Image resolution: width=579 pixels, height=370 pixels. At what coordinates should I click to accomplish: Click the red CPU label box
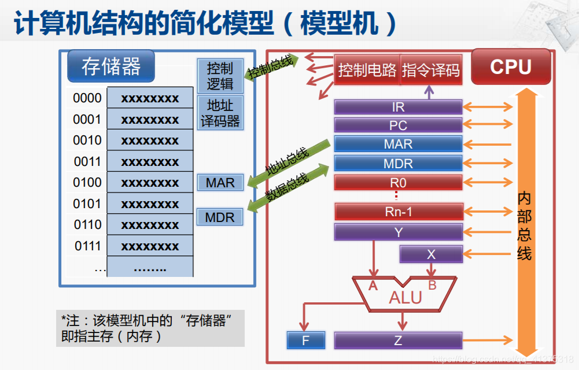[511, 66]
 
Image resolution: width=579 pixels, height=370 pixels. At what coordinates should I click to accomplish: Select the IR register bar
[398, 107]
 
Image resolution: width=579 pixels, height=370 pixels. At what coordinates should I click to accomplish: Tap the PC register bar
[398, 125]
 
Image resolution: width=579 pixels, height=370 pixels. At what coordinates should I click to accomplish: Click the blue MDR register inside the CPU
[398, 164]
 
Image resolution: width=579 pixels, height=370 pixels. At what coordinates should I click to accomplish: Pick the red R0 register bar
[398, 183]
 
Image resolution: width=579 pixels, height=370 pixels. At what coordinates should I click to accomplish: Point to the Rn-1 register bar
[398, 212]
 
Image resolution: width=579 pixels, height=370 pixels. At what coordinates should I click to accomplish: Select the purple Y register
[398, 232]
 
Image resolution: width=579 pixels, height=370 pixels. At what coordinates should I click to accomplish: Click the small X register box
[431, 254]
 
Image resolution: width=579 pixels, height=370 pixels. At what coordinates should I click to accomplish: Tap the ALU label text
[405, 298]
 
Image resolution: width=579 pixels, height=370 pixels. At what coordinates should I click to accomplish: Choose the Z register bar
[398, 341]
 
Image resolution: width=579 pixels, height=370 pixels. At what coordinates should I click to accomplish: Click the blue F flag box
[306, 341]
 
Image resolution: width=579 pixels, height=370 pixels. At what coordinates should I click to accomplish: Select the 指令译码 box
[431, 70]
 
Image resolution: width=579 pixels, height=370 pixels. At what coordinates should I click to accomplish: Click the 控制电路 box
[367, 70]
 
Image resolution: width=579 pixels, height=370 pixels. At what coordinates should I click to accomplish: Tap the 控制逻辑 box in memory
[220, 76]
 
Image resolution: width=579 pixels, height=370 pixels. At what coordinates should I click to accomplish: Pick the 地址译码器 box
[220, 113]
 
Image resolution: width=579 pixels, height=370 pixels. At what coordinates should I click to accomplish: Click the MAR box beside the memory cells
[220, 183]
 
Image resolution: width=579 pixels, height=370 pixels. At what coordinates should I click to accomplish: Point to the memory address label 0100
[87, 183]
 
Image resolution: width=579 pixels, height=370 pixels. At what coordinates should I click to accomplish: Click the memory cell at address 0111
[150, 246]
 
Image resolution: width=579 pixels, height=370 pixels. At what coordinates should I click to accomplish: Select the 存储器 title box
[111, 66]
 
